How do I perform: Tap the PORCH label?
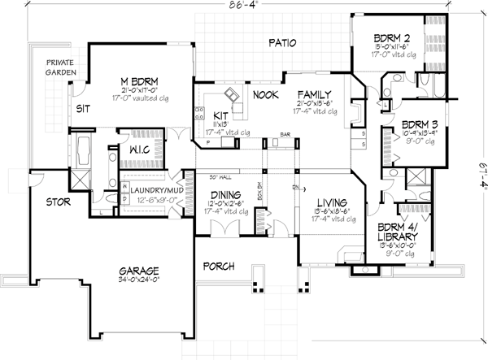[218, 265]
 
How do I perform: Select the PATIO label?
[279, 43]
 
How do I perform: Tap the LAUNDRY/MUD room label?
[151, 187]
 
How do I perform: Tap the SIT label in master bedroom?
[83, 106]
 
